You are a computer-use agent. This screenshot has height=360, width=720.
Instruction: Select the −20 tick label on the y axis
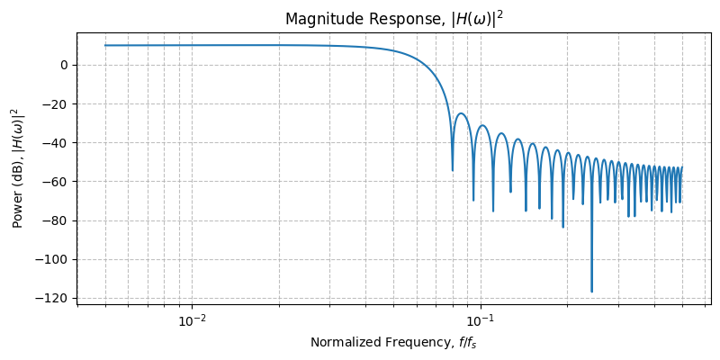[58, 103]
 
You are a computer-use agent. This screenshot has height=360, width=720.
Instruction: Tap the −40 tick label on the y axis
[58, 142]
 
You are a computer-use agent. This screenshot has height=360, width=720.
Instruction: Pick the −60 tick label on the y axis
[58, 182]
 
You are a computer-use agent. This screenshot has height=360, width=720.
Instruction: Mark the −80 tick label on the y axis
[58, 220]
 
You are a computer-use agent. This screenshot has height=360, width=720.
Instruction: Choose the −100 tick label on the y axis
[55, 259]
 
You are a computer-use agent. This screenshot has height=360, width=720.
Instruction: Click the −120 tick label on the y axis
[55, 298]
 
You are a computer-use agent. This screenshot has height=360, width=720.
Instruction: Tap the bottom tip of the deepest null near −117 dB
[591, 292]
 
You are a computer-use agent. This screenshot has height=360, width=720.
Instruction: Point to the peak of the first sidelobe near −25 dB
[461, 113]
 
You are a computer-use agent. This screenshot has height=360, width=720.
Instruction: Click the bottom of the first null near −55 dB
[453, 170]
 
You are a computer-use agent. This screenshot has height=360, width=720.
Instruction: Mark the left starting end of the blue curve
[105, 45]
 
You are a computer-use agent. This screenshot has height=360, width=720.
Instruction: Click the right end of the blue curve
[682, 167]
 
